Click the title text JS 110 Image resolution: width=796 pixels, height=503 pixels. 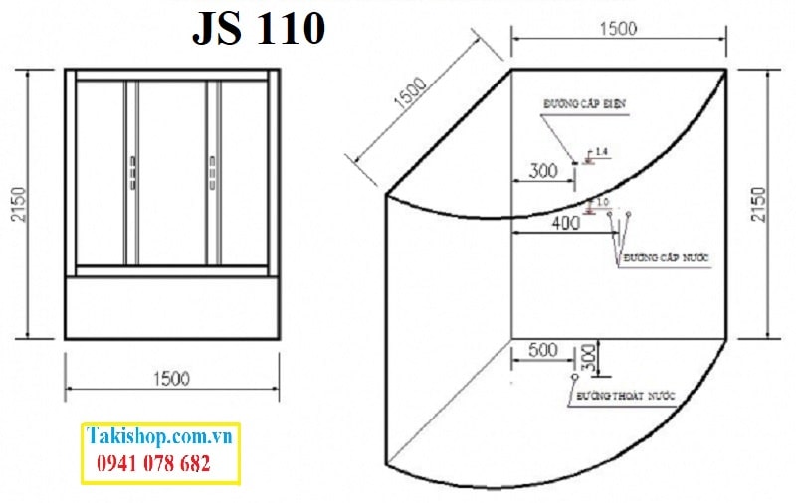pos(259,29)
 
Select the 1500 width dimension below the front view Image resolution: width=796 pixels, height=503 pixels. pos(170,378)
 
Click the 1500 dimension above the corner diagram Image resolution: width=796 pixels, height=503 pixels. pos(617,30)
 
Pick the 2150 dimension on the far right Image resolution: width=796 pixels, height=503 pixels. pos(761,205)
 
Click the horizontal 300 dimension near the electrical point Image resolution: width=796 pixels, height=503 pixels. pos(542,171)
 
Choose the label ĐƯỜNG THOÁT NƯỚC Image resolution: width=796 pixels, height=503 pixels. pos(624,396)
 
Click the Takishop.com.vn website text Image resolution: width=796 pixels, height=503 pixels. pos(159,436)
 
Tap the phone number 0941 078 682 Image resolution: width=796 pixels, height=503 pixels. pos(153,463)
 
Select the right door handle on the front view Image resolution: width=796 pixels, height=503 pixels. pos(211,171)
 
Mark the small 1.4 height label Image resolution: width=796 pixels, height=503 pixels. pos(600,151)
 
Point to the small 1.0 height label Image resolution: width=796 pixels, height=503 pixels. pos(602,203)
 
